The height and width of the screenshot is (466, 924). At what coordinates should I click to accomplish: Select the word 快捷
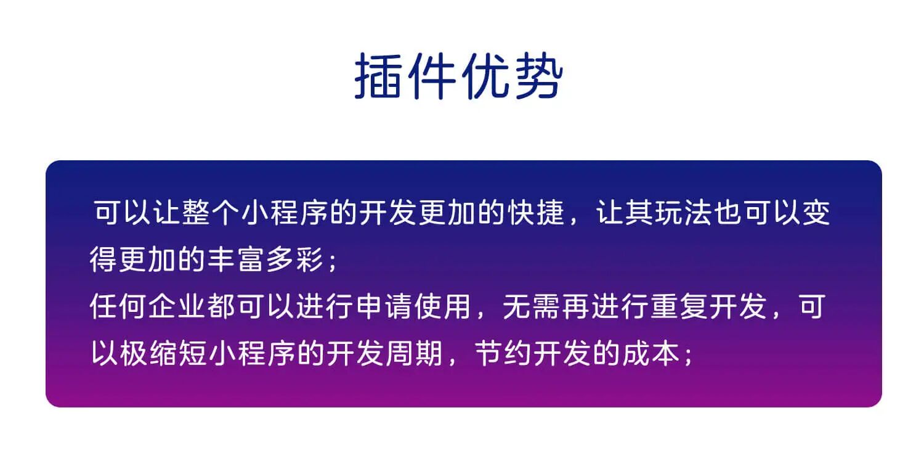(537, 213)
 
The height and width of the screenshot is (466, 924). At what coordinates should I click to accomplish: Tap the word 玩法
(685, 213)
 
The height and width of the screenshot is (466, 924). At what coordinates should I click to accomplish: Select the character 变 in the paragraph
(817, 213)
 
